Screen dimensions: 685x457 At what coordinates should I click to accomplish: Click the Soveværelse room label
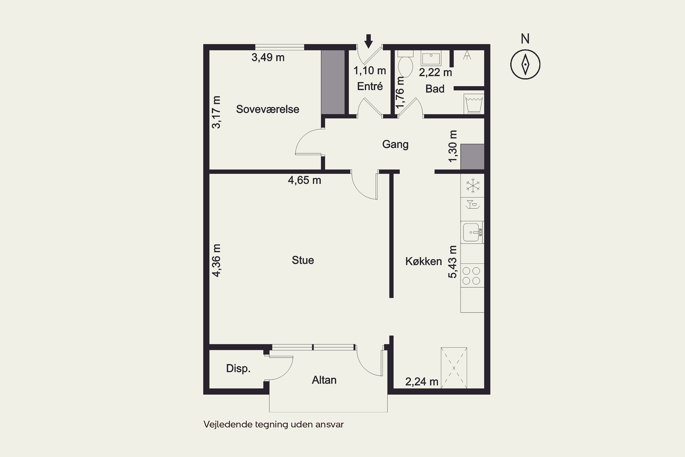click(x=268, y=109)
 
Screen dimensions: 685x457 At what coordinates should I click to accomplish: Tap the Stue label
click(x=303, y=260)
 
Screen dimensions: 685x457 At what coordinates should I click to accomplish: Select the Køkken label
click(x=424, y=261)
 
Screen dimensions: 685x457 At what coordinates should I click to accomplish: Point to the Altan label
click(x=324, y=380)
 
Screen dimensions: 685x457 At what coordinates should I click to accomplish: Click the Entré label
click(x=370, y=86)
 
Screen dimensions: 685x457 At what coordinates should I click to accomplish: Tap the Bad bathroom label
click(x=435, y=89)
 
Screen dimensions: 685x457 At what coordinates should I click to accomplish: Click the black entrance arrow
click(x=369, y=41)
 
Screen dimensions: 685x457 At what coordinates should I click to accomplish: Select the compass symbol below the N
click(x=525, y=64)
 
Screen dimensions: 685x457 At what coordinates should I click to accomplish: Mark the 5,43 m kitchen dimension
click(x=453, y=262)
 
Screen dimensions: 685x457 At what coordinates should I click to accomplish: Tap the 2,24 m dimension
click(x=422, y=382)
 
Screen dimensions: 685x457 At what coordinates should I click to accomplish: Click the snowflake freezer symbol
click(x=473, y=185)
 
